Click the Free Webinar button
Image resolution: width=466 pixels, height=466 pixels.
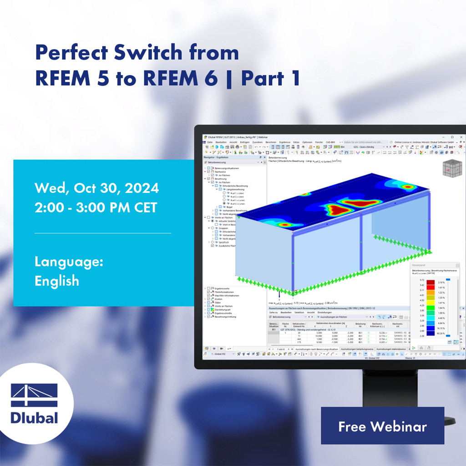click(382, 426)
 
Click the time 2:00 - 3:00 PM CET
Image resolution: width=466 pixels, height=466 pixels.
click(96, 208)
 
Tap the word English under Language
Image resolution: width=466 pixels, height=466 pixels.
click(57, 281)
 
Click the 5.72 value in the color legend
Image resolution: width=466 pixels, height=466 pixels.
click(421, 280)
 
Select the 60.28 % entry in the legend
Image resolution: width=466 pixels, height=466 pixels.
click(441, 333)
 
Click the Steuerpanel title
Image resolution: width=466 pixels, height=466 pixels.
click(418, 264)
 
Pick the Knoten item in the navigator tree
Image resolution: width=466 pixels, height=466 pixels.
click(218, 299)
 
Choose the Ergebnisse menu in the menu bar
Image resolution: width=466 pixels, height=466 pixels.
click(284, 142)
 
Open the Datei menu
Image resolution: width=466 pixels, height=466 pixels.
click(210, 142)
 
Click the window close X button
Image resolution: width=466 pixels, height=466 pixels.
click(460, 137)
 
